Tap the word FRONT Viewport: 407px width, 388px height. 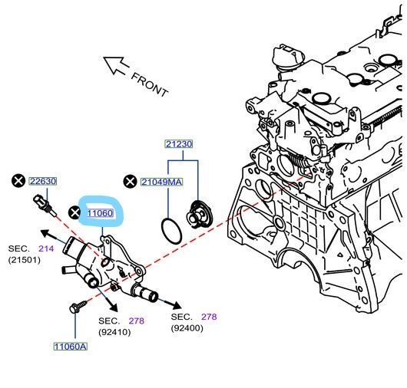(x=149, y=84)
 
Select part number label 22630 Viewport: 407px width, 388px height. (x=43, y=181)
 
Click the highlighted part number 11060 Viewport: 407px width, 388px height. (x=101, y=213)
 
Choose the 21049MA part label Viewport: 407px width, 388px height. (x=161, y=181)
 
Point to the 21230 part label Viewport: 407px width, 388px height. (x=179, y=143)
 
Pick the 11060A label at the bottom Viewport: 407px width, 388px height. (x=71, y=347)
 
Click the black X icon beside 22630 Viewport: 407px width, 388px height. (x=18, y=181)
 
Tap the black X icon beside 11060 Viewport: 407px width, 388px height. (x=74, y=212)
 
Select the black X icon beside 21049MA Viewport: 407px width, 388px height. (x=130, y=181)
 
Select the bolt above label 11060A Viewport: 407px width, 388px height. (x=77, y=310)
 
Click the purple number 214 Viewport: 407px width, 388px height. (x=47, y=248)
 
